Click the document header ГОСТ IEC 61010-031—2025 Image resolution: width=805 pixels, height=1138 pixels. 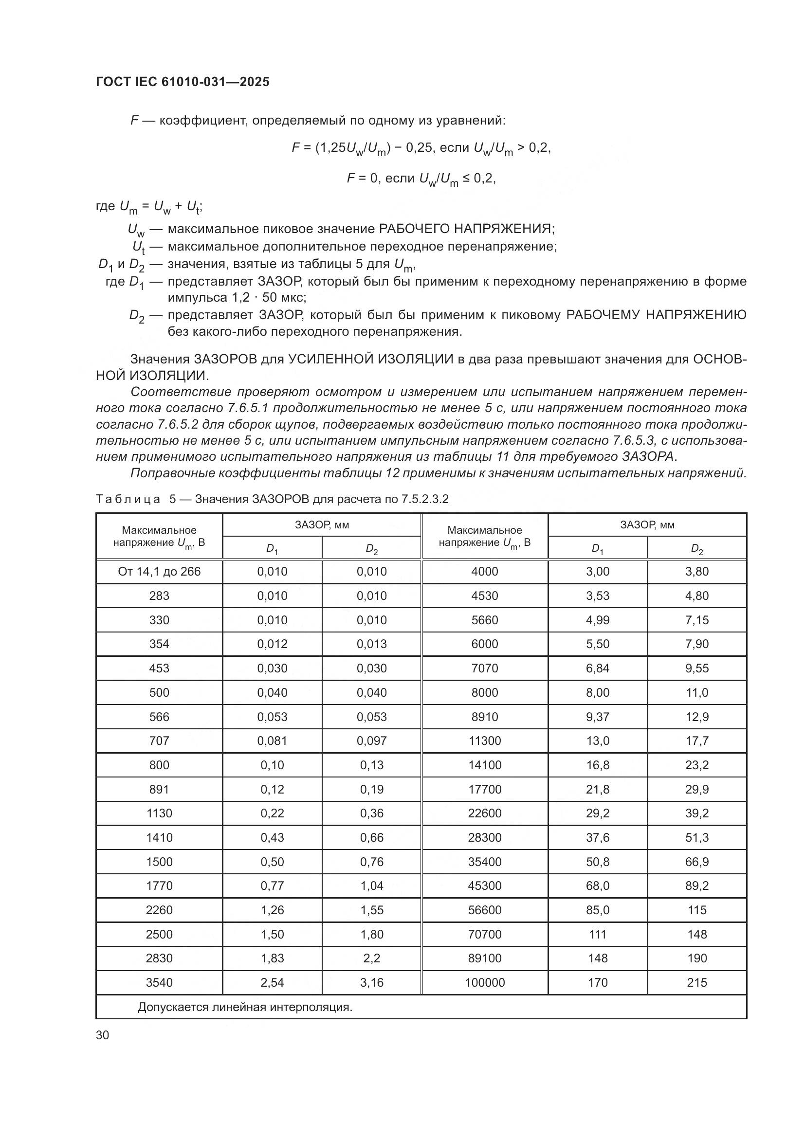coord(183,82)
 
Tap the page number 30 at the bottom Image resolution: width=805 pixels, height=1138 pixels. coord(103,1035)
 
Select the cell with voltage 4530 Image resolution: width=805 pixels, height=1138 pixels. coord(484,596)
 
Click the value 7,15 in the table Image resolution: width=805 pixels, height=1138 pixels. coord(696,620)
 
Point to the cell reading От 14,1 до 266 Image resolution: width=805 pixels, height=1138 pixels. coord(159,572)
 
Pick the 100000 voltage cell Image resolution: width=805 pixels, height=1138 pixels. coord(484,982)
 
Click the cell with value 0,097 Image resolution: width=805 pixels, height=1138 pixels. coord(371,741)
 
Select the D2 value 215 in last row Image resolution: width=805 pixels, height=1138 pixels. coord(696,982)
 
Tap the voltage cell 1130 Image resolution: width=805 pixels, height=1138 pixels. coord(159,813)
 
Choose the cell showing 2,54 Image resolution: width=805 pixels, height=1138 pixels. coord(272,982)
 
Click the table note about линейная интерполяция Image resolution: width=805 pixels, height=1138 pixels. coord(245,1007)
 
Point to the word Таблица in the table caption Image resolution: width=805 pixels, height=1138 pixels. coord(128,499)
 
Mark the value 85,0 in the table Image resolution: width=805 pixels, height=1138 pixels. coord(597,910)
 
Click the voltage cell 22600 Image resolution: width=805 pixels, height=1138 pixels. coord(484,813)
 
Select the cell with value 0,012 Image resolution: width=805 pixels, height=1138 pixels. coord(272,644)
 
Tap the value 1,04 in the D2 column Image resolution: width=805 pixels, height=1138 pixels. coord(371,885)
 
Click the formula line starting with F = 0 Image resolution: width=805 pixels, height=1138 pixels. coord(421,179)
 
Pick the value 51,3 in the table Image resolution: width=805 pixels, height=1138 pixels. coord(696,838)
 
